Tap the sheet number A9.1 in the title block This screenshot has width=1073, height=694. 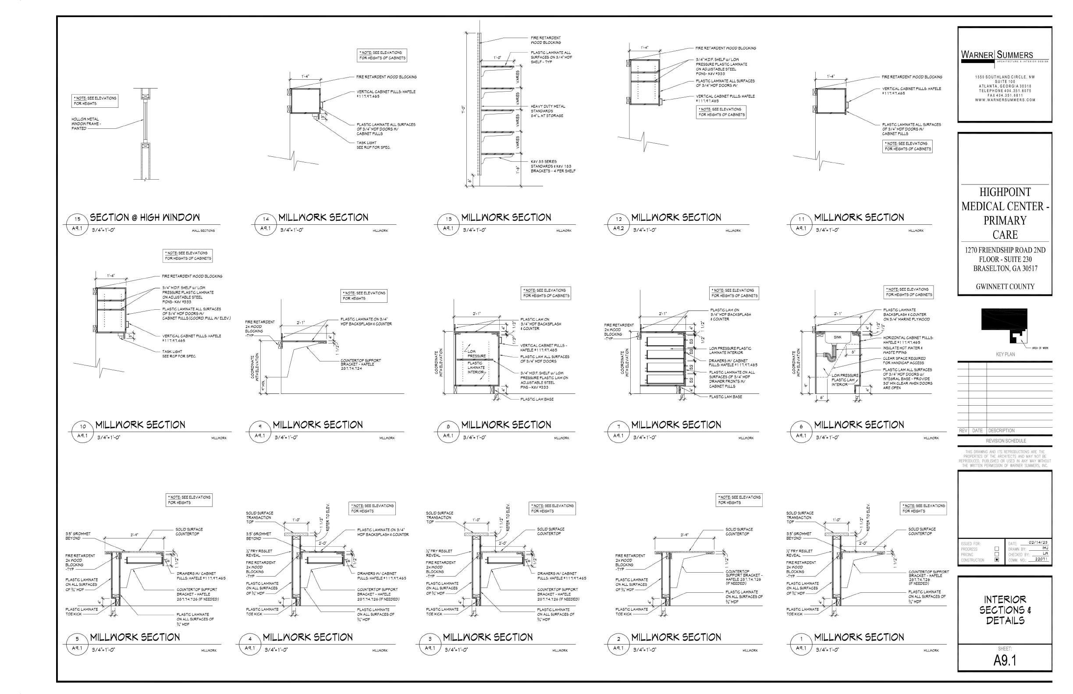1005,660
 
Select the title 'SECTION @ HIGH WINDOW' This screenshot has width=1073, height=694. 145,218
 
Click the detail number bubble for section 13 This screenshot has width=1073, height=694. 448,219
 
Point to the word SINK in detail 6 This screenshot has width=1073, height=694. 837,337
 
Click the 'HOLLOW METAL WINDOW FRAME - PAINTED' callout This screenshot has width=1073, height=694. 85,124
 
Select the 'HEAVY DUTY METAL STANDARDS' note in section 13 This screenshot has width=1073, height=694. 547,111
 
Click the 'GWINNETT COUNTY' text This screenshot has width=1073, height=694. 1005,287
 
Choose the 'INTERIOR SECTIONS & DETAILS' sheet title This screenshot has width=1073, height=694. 1005,610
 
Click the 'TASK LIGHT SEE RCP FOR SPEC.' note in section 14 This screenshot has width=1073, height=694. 373,145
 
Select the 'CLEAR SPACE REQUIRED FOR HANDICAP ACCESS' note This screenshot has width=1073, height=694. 904,361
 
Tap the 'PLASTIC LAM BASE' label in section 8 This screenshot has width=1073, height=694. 537,399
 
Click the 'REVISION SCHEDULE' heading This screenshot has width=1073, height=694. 1005,441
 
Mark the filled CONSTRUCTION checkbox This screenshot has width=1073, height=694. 996,559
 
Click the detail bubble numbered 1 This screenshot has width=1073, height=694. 801,639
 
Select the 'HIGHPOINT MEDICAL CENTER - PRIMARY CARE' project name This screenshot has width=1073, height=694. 1005,213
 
